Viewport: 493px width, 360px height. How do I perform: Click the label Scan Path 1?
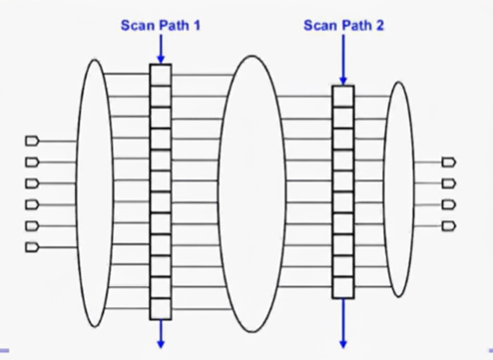coord(160,25)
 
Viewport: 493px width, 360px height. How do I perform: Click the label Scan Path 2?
coord(344,25)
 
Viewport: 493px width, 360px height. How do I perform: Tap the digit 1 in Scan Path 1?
coord(196,25)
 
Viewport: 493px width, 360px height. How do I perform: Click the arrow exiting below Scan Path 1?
coord(160,333)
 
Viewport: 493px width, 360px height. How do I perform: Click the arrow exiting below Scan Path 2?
coord(343,323)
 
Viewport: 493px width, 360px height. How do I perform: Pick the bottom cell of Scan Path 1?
coord(160,309)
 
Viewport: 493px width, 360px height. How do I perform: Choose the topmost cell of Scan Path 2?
coord(343,96)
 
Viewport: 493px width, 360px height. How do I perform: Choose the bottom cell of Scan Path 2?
coord(343,287)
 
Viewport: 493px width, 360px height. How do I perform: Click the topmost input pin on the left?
coord(32,141)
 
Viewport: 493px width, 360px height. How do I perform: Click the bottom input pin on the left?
coord(32,247)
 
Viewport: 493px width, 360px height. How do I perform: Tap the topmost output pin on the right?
coord(448,162)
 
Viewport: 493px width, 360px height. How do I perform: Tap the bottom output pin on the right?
coord(448,226)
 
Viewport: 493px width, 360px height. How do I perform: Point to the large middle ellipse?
coord(252,194)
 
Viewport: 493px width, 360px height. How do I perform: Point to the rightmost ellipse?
coord(399,190)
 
